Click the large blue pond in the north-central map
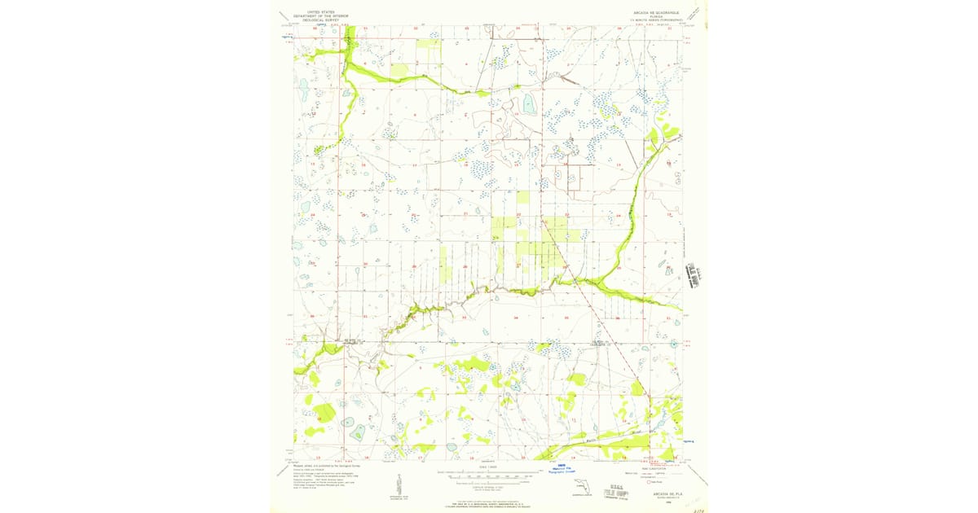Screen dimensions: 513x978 [x=531, y=103]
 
